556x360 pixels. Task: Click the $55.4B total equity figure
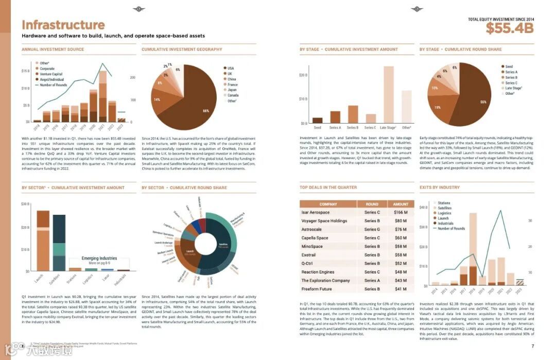509,29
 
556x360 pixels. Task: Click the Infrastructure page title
63,25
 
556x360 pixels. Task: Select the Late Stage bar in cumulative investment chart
388,95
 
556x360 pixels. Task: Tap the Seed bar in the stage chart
318,121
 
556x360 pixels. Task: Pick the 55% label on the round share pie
483,102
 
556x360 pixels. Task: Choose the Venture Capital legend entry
51,74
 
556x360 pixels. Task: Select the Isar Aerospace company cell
316,212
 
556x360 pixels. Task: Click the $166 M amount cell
401,212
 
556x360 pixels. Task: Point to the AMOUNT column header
401,204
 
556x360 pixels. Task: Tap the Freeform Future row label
317,289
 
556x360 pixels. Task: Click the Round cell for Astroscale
372,229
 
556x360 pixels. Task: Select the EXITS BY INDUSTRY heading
439,187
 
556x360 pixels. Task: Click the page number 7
532,346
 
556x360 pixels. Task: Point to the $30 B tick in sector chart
25,204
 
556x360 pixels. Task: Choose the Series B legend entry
511,77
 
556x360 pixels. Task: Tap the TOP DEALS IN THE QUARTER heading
328,187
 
